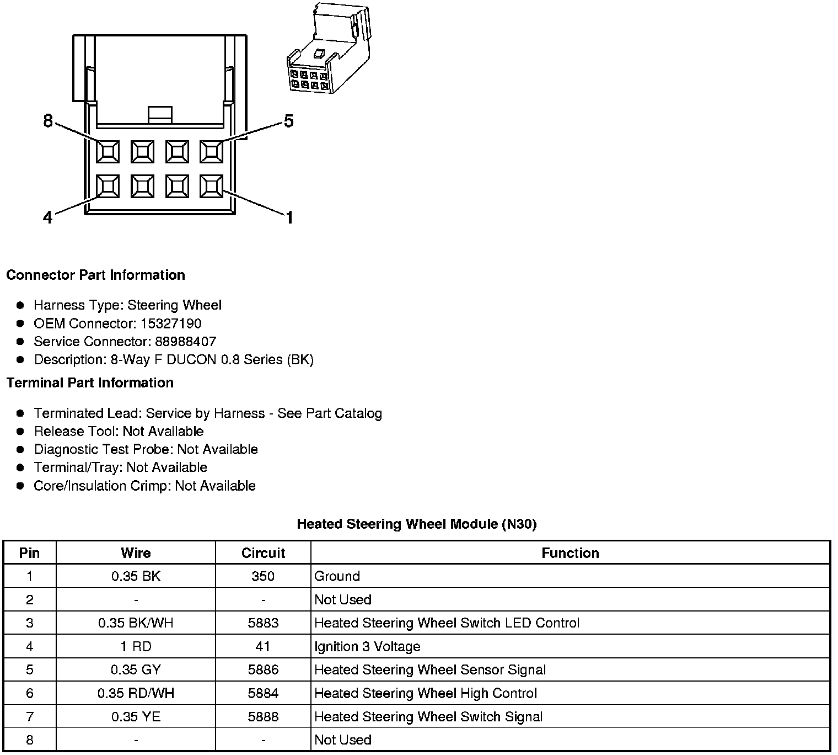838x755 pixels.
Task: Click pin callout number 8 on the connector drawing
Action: point(48,121)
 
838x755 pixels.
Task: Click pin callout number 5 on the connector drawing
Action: point(288,121)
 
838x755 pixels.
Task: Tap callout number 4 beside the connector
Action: point(48,217)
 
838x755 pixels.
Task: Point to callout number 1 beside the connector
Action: point(289,217)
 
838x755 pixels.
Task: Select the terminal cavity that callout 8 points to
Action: point(108,151)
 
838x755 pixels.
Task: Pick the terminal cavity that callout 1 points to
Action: point(211,187)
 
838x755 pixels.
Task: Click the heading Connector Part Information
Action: point(95,275)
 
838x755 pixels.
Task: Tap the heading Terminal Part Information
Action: point(90,382)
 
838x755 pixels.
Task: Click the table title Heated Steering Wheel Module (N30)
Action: point(416,524)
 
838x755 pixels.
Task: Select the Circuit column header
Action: point(263,553)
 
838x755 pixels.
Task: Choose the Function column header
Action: point(570,553)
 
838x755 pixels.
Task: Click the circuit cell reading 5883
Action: point(263,623)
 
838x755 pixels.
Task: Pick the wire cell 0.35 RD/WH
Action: point(136,693)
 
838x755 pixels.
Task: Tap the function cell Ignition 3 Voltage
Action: point(367,646)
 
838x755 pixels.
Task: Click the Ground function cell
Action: point(337,576)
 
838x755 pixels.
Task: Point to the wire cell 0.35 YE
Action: point(136,716)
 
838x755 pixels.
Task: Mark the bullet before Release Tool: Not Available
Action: point(20,432)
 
